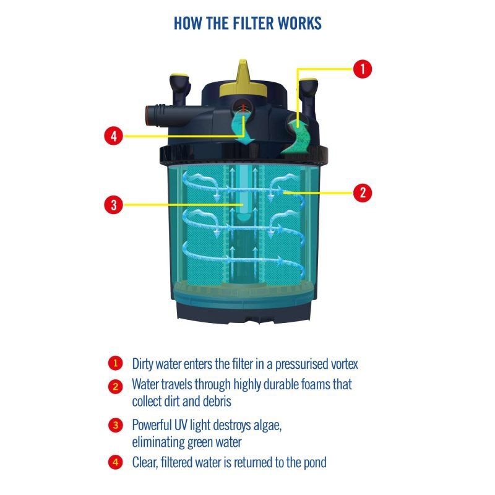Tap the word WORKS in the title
click(x=300, y=23)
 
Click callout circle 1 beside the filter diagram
click(x=363, y=69)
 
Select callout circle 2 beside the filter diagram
click(x=363, y=192)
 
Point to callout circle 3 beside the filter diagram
click(x=114, y=205)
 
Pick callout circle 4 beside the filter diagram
click(x=114, y=136)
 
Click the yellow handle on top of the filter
click(x=243, y=79)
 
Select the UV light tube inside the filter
click(x=243, y=192)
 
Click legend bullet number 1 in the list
click(x=116, y=363)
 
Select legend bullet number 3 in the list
click(x=116, y=425)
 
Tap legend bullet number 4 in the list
click(x=116, y=462)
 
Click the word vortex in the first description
click(x=344, y=364)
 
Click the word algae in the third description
click(x=267, y=426)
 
